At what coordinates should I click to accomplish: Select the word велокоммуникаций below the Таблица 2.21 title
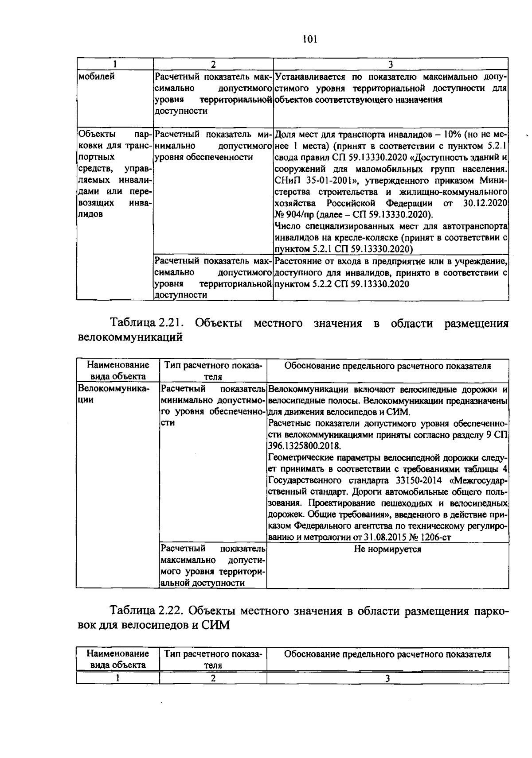pos(130,337)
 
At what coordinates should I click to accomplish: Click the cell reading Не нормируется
pos(387,549)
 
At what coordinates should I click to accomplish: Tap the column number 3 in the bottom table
pos(387,678)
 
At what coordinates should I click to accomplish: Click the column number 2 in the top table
pos(213,65)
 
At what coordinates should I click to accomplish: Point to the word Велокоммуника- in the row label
pos(113,389)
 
